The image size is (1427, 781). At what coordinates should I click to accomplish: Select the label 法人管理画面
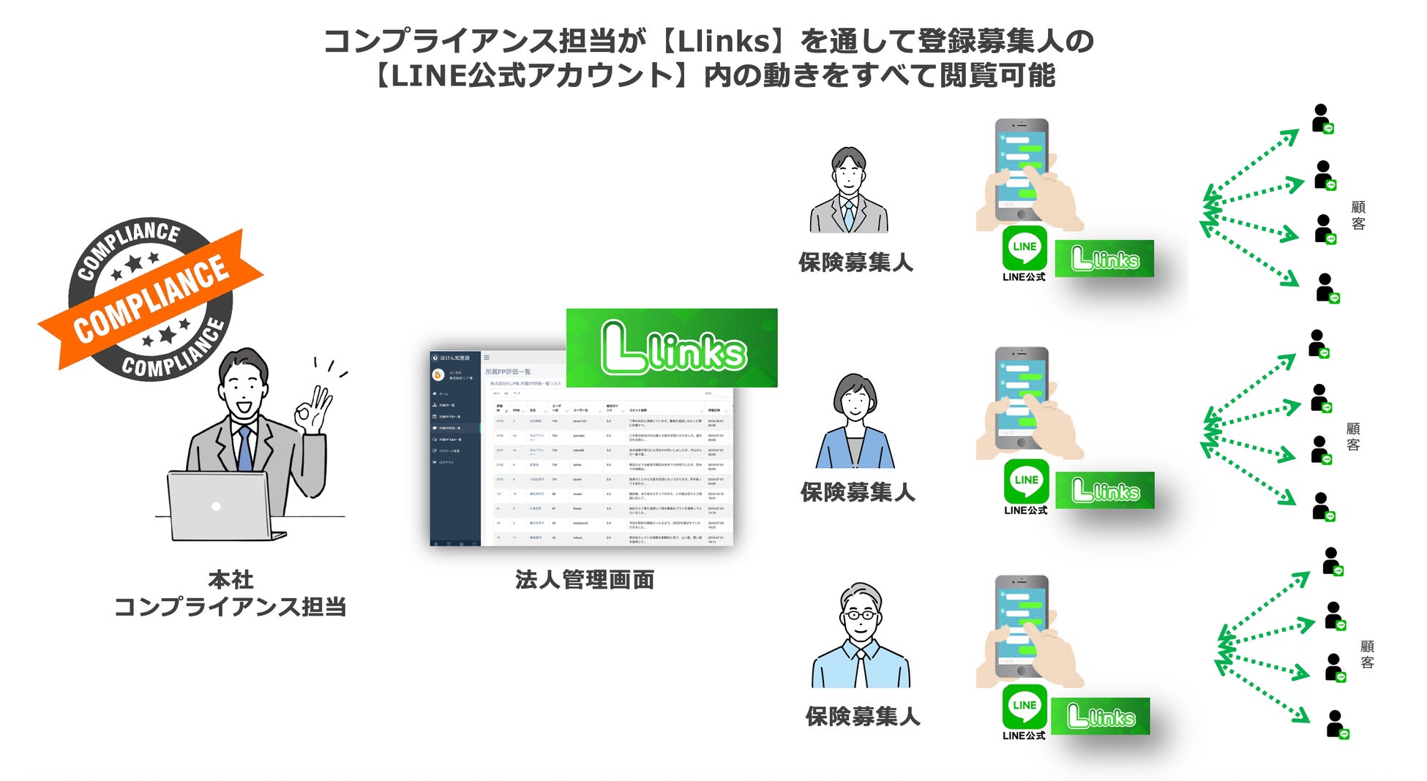584,580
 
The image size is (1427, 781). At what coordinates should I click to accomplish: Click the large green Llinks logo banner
672,348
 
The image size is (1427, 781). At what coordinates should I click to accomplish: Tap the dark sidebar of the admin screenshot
454,453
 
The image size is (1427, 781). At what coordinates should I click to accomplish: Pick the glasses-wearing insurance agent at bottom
861,636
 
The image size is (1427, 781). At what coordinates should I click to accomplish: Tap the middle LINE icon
1026,480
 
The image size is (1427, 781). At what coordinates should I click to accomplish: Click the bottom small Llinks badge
1100,716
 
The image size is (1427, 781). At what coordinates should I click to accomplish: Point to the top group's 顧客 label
1358,216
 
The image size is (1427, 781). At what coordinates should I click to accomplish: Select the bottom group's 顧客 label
1367,654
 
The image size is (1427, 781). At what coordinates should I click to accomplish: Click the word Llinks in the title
724,42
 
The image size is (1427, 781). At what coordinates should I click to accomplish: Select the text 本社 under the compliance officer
231,580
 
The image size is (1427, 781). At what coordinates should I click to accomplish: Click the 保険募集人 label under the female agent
858,492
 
